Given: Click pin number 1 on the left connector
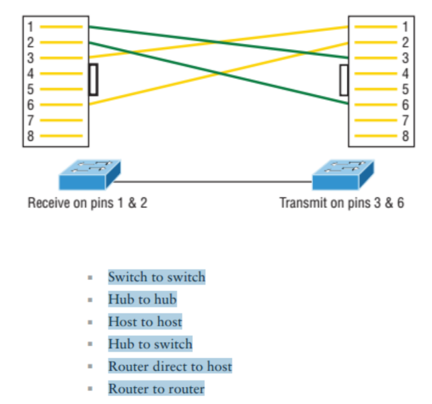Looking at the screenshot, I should tap(30, 27).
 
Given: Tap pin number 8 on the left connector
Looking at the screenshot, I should tap(30, 135).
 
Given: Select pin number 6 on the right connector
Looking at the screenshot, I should tap(405, 104).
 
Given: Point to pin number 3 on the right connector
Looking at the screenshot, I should tap(405, 58).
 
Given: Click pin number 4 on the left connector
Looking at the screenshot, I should tap(30, 73).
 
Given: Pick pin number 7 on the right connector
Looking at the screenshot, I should tap(405, 120).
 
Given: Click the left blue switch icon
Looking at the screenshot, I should tap(89, 176).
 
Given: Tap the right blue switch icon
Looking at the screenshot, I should tap(343, 176).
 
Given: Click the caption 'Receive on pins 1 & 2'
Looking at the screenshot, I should tap(87, 203).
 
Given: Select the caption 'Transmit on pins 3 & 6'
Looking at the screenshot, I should tap(342, 203).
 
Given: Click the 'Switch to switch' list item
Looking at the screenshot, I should tap(157, 277).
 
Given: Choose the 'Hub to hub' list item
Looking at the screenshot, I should tap(142, 299).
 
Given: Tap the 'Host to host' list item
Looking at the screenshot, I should tap(145, 322).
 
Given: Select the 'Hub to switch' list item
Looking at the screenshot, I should tap(150, 344).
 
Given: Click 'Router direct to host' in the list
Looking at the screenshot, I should tap(170, 366).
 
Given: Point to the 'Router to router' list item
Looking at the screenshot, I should tap(156, 389).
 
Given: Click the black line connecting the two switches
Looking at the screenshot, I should tap(215, 181).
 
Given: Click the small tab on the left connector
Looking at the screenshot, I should tap(93, 79).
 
